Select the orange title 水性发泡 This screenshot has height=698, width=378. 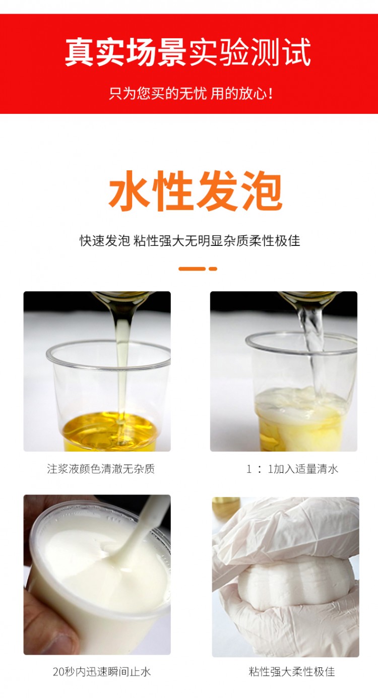click(196, 192)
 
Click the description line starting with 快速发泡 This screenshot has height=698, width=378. click(190, 240)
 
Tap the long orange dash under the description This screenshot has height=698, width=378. click(192, 269)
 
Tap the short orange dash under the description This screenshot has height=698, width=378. click(213, 269)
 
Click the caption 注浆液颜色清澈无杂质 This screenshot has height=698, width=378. click(101, 469)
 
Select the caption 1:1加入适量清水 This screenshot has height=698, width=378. click(292, 469)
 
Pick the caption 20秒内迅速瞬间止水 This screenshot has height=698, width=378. click(101, 671)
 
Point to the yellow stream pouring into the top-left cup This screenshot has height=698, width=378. click(121, 353)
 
